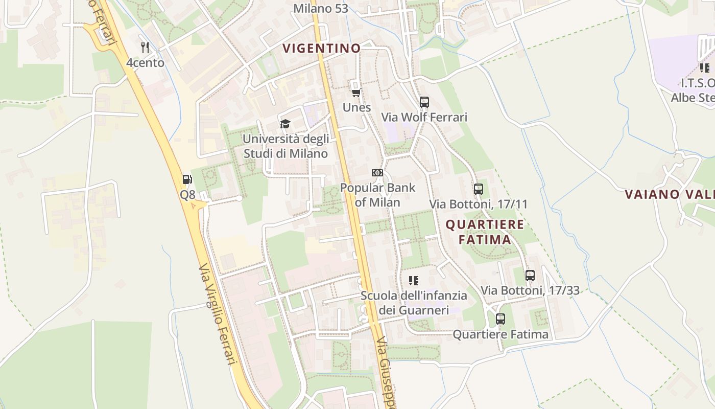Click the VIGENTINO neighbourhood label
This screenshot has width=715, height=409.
322,49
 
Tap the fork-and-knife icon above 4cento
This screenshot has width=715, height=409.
146,48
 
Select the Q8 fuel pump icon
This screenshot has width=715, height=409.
187,179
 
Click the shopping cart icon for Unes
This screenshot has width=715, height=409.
356,93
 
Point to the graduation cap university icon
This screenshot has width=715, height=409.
285,124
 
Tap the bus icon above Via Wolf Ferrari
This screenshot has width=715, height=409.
424,102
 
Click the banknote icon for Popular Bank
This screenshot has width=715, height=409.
377,173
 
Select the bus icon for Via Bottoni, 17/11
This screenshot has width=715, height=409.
478,189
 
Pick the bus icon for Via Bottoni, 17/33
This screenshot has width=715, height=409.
530,275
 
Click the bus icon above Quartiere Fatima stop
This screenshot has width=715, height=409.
500,319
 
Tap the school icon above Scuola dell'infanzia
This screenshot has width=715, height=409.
414,280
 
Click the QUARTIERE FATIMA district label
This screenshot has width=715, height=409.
485,232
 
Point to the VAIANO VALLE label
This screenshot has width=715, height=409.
670,194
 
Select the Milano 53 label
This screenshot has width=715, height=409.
321,9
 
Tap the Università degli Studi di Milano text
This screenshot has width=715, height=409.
285,146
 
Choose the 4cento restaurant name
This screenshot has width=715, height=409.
146,63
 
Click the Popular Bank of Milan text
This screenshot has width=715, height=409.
378,195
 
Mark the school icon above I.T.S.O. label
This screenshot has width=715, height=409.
705,67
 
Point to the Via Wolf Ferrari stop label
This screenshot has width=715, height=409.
424,117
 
